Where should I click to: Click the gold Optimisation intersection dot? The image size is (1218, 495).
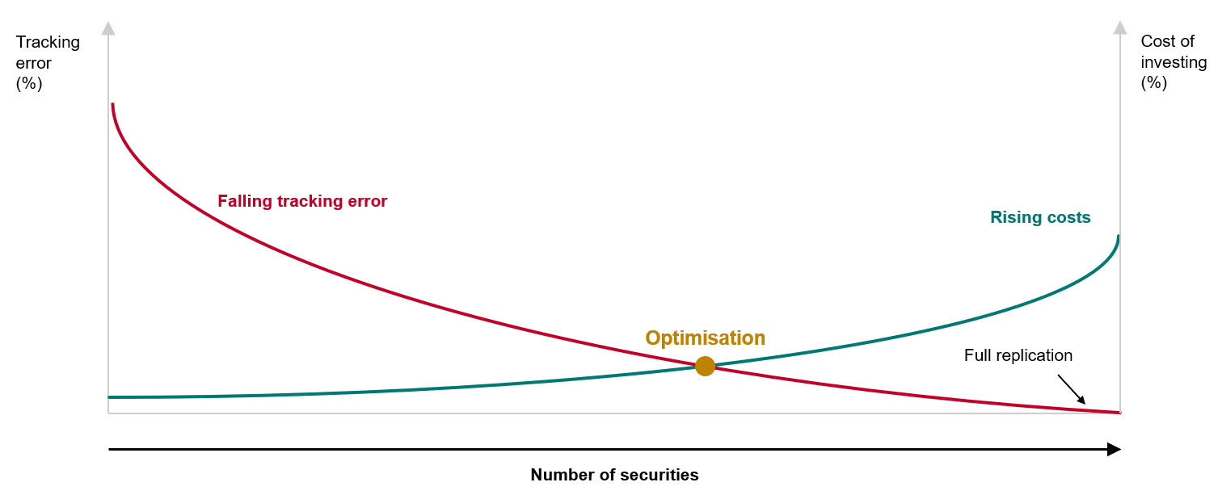click(x=705, y=366)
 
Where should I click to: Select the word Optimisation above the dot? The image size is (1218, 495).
click(x=705, y=338)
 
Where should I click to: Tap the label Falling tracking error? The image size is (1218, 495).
click(x=302, y=202)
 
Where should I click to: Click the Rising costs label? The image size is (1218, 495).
click(x=1040, y=217)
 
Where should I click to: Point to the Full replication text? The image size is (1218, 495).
click(x=1018, y=355)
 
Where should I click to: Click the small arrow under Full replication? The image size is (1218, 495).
click(x=1073, y=389)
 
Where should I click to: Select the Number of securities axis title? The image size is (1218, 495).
click(x=614, y=475)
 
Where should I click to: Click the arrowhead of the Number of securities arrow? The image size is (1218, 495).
click(x=1115, y=449)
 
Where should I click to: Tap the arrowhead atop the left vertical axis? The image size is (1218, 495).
click(x=108, y=28)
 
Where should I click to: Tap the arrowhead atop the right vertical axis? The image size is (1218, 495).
click(x=1119, y=28)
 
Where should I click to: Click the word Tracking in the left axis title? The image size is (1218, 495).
click(x=48, y=42)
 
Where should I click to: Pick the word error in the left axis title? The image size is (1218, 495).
click(x=34, y=62)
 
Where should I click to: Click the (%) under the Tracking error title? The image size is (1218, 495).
click(x=29, y=82)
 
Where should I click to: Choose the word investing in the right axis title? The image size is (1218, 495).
click(x=1174, y=62)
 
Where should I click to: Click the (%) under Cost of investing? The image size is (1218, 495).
click(x=1154, y=82)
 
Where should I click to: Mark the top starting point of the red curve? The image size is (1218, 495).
click(x=112, y=105)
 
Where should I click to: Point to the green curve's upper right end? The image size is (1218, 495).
click(x=1119, y=237)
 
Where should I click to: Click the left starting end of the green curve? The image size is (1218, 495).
click(x=110, y=397)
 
